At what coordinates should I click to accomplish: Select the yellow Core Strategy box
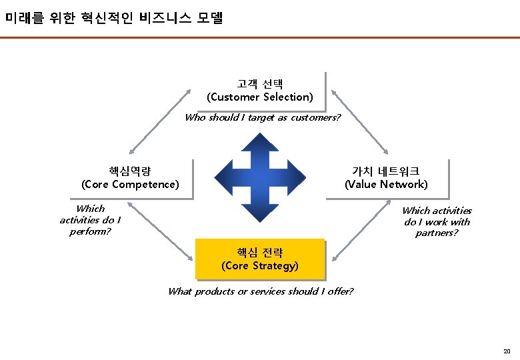click(259, 259)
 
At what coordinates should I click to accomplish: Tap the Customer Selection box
click(259, 91)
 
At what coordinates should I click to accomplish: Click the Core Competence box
click(130, 178)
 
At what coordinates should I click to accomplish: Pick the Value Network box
click(386, 178)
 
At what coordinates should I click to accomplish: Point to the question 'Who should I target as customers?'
click(263, 118)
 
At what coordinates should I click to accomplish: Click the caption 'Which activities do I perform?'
click(90, 220)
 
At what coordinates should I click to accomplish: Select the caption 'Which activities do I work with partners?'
click(437, 221)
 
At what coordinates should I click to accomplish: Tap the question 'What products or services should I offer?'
click(261, 291)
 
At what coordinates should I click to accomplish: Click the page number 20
click(507, 351)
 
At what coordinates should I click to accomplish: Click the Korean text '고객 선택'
click(259, 84)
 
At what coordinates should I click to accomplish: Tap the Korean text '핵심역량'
click(130, 171)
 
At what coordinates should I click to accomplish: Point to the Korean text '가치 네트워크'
click(386, 171)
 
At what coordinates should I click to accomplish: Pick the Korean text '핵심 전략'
click(259, 253)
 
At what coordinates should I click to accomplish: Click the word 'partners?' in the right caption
click(437, 233)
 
